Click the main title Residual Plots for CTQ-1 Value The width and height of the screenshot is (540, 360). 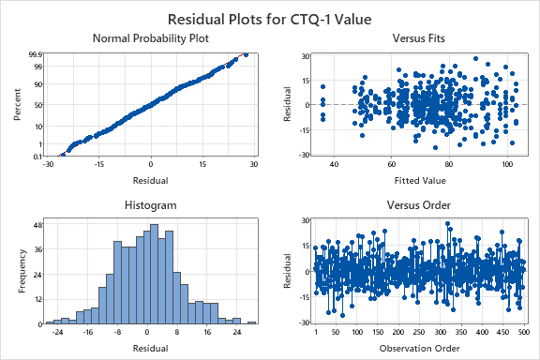pos(270,18)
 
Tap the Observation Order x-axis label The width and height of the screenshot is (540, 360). pos(421,347)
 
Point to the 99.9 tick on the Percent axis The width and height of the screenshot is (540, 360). pos(35,55)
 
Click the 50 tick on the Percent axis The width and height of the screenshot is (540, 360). pos(37,105)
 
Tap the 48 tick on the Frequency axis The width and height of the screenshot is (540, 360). pos(37,226)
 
